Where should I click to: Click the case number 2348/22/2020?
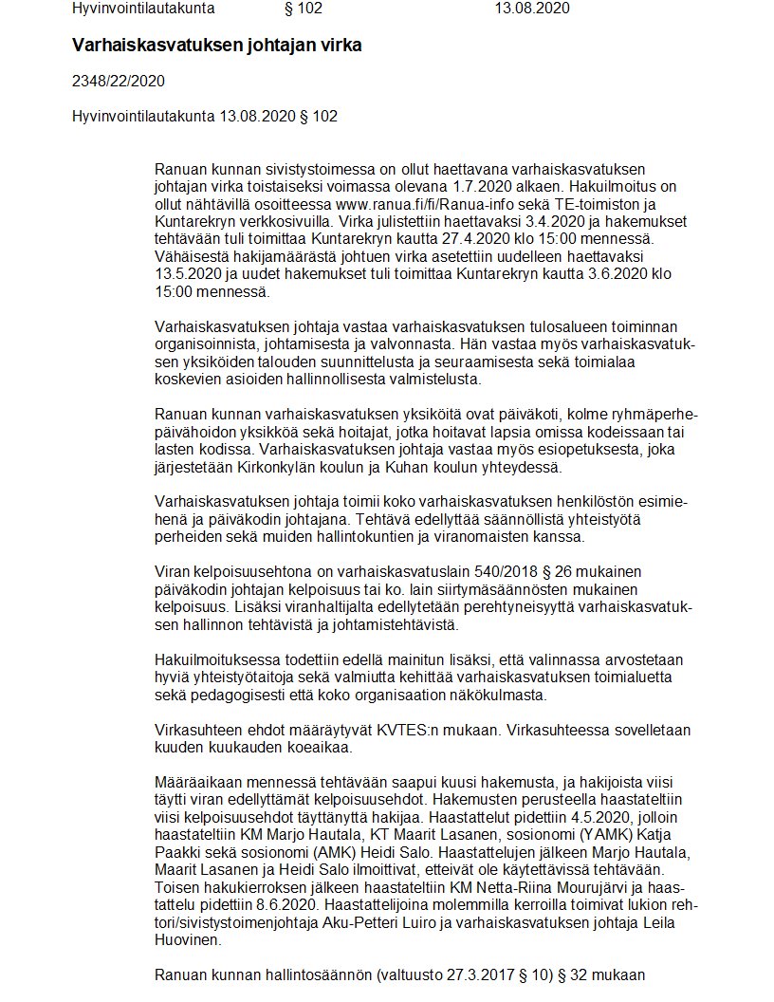coord(119,81)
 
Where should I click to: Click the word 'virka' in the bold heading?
coord(341,45)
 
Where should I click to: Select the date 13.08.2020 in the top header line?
coord(531,9)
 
